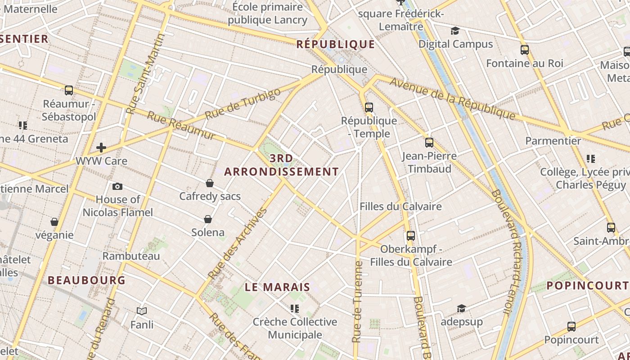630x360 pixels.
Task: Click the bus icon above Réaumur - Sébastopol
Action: point(69,90)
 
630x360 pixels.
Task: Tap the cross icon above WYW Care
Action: point(101,147)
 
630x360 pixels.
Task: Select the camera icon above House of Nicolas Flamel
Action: point(117,186)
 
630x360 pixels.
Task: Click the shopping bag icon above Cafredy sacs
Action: point(210,183)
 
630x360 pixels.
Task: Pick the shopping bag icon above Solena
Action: point(208,219)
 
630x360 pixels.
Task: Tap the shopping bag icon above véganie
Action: point(54,222)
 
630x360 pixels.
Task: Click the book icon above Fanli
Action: point(142,311)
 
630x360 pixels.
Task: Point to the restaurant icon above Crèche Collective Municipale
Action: point(295,309)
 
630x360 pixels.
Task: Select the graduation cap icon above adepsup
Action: point(461,309)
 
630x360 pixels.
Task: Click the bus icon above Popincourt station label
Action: point(571,326)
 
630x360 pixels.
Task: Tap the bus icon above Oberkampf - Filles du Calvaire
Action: point(410,235)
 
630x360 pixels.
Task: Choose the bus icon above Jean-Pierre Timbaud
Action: point(429,143)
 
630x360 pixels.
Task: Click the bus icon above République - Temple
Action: point(369,108)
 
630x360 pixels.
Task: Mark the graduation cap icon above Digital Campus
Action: point(455,31)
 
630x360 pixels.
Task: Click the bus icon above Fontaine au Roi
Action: point(524,50)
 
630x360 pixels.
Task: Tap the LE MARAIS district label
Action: point(278,287)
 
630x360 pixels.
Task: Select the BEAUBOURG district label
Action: point(87,280)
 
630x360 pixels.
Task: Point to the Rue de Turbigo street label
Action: point(243,103)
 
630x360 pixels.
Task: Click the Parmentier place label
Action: point(553,141)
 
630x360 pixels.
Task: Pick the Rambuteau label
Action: point(131,256)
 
